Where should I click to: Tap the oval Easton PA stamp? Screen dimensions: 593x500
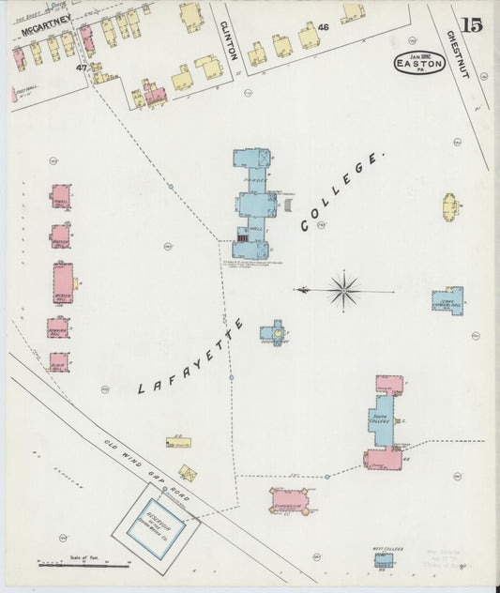(x=418, y=64)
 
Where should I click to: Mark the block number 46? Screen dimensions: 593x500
(x=324, y=28)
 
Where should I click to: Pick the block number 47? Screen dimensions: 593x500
(x=82, y=68)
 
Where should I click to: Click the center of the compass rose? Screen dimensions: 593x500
(x=343, y=290)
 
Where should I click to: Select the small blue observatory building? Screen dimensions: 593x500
(x=274, y=331)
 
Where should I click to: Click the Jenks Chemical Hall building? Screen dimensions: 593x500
(x=448, y=301)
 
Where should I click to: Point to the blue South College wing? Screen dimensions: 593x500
(x=381, y=420)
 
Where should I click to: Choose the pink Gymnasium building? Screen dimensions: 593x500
(x=289, y=500)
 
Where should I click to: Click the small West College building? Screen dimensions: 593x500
(x=384, y=560)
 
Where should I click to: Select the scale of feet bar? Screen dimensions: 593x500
(x=84, y=565)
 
